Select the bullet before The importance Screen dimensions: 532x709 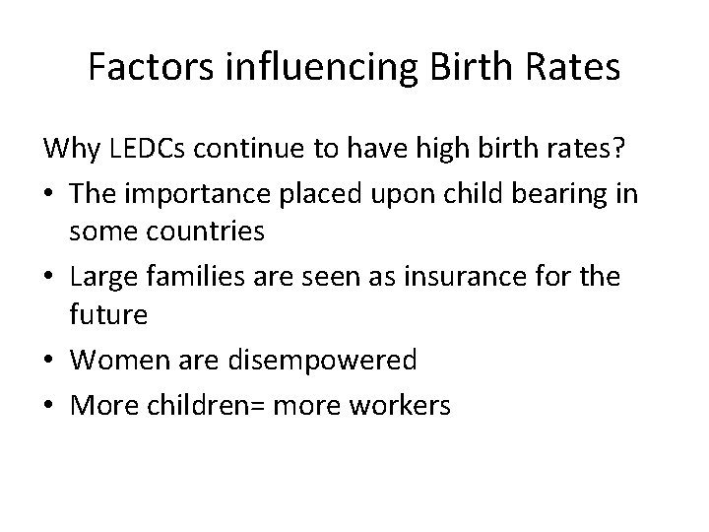pos(49,194)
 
